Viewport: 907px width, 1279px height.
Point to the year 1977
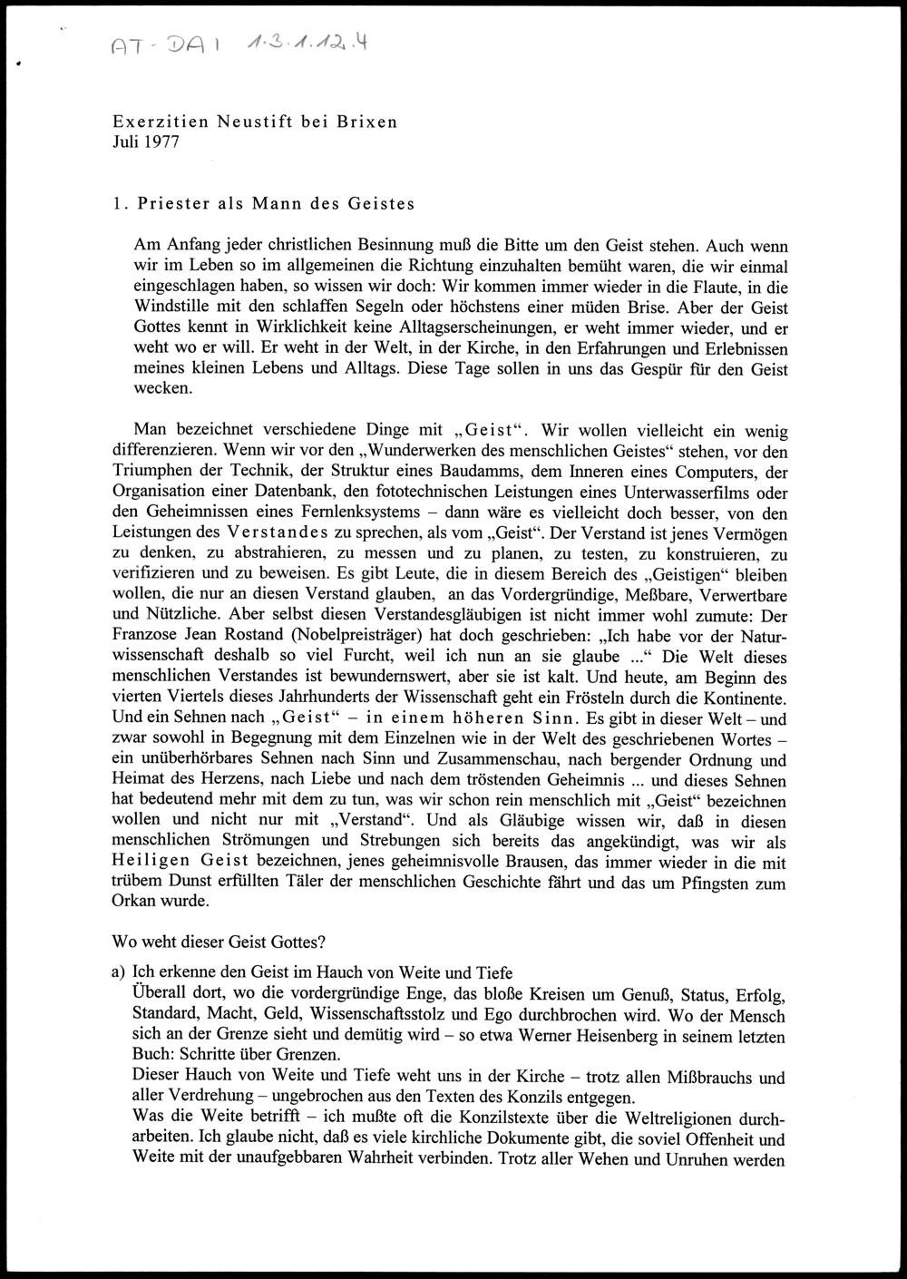coord(162,142)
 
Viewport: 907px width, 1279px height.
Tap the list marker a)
coord(118,972)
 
